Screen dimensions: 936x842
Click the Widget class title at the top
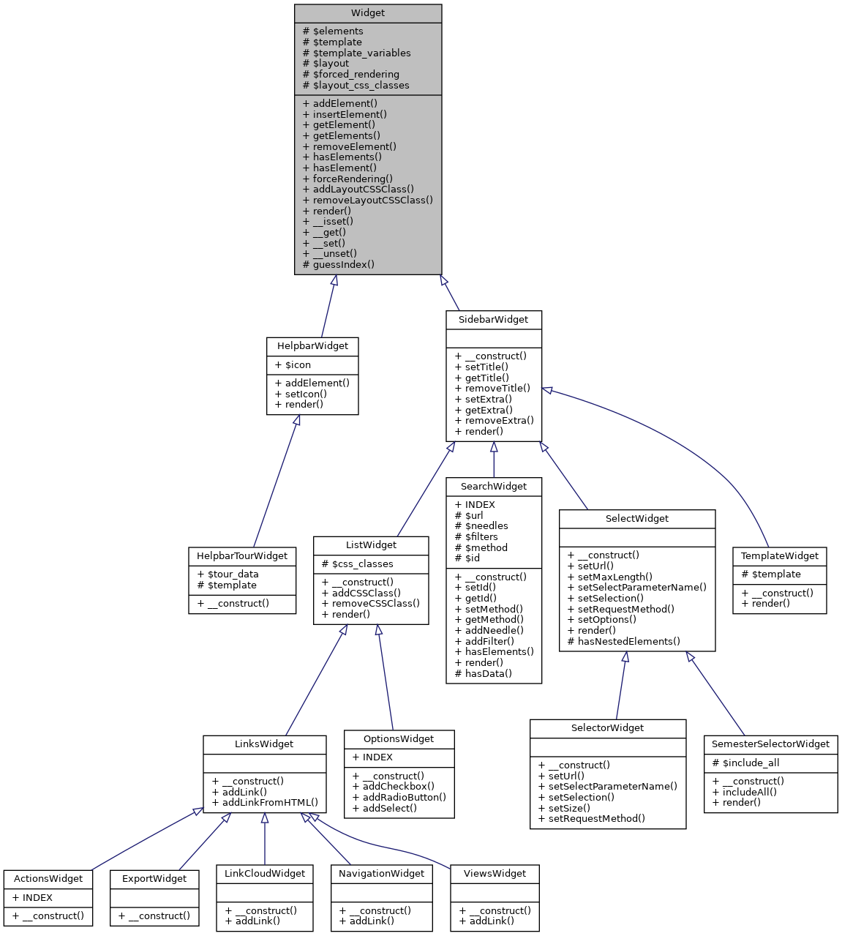pyautogui.click(x=368, y=13)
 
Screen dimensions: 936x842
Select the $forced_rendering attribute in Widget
pyautogui.click(x=351, y=74)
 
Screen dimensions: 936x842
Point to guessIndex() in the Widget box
pyautogui.click(x=338, y=264)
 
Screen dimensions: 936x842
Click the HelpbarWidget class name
pyautogui.click(x=312, y=346)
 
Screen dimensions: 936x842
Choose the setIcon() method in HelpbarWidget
pyautogui.click(x=301, y=394)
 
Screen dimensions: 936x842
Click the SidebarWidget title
pyautogui.click(x=493, y=320)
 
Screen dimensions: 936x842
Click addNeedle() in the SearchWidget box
pyautogui.click(x=489, y=630)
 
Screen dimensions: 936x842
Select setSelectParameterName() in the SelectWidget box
pyautogui.click(x=636, y=587)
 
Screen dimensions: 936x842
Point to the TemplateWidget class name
pyautogui.click(x=779, y=556)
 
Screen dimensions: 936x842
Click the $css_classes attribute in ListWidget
pyautogui.click(x=358, y=564)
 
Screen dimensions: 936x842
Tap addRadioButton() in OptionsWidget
pyautogui.click(x=399, y=798)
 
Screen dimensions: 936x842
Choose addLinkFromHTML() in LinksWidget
pyautogui.click(x=265, y=803)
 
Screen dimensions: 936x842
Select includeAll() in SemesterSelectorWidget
pyautogui.click(x=744, y=792)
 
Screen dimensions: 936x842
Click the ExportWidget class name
pyautogui.click(x=154, y=879)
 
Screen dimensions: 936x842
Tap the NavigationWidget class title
pyautogui.click(x=381, y=874)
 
